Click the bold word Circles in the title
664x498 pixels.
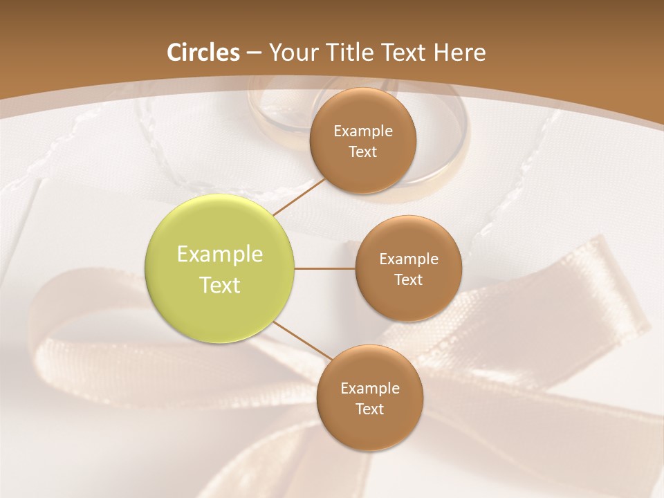[x=203, y=53]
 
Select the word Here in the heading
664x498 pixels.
[x=459, y=53]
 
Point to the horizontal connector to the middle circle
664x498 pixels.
[x=325, y=268]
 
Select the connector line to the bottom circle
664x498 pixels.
[x=302, y=340]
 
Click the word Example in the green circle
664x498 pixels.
[x=220, y=255]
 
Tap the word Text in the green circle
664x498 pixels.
[x=220, y=285]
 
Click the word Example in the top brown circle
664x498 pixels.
[x=363, y=131]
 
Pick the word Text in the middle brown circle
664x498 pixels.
[x=408, y=280]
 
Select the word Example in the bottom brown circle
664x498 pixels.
[x=369, y=388]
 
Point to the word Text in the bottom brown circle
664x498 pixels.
[x=369, y=409]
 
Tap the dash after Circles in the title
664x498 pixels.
[x=254, y=53]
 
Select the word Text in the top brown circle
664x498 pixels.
[x=363, y=151]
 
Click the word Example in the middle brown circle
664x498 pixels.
[x=408, y=259]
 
